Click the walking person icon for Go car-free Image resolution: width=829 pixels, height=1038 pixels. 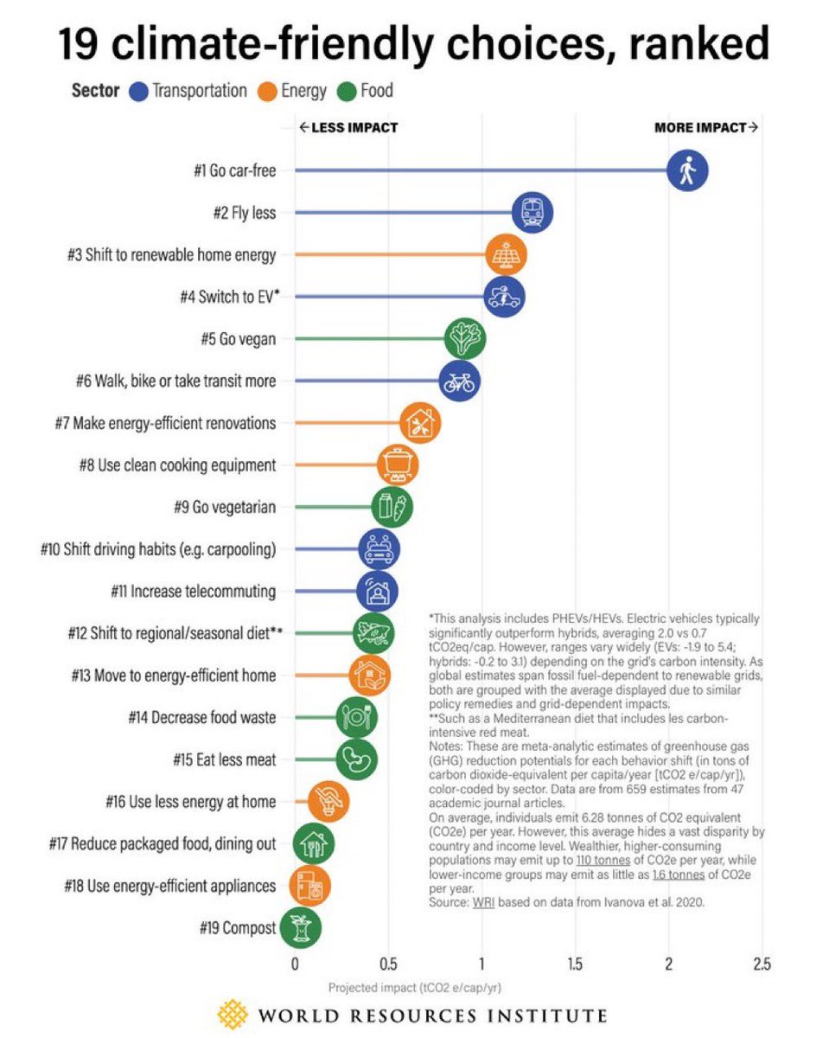(687, 170)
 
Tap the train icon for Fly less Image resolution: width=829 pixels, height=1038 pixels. (532, 213)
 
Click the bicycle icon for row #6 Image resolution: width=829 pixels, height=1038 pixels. (459, 381)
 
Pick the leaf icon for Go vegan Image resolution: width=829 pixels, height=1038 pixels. (464, 339)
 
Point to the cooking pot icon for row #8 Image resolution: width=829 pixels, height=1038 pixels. (398, 465)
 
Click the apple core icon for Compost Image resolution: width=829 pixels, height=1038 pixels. (300, 928)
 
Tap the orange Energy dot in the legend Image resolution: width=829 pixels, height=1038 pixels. (267, 91)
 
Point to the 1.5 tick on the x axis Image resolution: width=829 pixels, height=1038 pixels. (574, 964)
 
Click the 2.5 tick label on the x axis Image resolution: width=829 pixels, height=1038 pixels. (762, 964)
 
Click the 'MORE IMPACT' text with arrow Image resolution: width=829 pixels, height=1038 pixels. (706, 128)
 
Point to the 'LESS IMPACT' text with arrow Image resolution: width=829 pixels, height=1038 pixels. (348, 128)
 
